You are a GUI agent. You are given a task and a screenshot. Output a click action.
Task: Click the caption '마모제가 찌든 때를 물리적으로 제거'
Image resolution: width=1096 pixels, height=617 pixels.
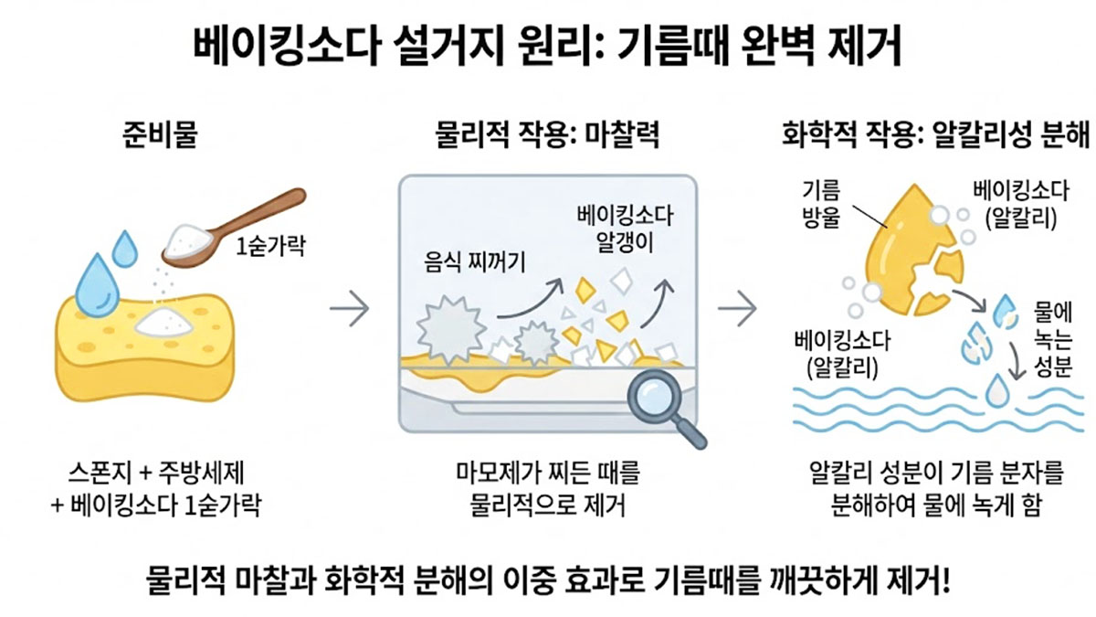[548, 490]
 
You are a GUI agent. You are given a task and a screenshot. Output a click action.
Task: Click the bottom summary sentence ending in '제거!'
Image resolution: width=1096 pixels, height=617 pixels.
[548, 580]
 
